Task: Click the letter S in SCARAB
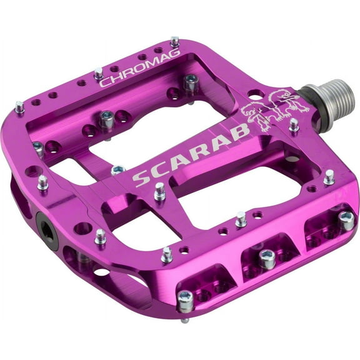point(141,178)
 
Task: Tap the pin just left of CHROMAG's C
point(99,73)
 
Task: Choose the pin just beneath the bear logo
point(294,124)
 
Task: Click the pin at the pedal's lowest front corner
point(186,301)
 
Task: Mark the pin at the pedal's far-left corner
point(19,107)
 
